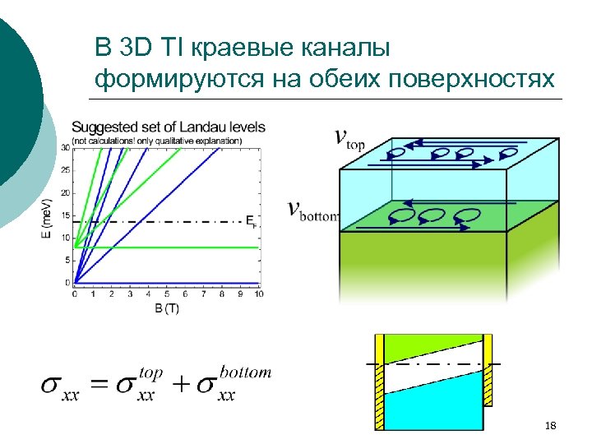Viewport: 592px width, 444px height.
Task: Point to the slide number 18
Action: (x=551, y=425)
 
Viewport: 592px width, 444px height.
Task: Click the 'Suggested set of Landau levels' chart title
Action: (x=168, y=127)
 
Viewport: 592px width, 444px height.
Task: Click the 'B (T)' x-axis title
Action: (x=166, y=308)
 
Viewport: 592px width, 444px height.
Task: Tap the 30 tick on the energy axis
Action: (x=66, y=148)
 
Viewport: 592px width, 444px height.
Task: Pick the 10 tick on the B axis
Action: (x=258, y=294)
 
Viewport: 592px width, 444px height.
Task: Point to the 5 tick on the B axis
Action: (x=166, y=294)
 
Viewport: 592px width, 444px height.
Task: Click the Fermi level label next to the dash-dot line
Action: (x=251, y=221)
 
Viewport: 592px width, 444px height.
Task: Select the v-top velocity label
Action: (x=349, y=140)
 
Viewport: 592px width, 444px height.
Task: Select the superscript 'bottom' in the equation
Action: (x=245, y=372)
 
